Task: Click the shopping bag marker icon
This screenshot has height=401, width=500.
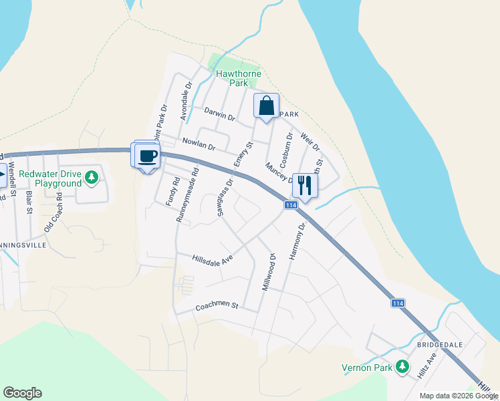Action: click(266, 106)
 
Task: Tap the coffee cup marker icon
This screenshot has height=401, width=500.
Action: click(147, 156)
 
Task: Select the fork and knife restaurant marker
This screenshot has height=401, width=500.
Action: click(305, 184)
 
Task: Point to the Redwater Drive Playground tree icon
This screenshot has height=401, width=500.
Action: click(92, 178)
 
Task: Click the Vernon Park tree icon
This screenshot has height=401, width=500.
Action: click(402, 366)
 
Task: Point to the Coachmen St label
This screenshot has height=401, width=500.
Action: click(217, 305)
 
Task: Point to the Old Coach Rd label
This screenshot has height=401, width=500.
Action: click(53, 213)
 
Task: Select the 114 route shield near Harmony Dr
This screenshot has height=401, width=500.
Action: click(290, 205)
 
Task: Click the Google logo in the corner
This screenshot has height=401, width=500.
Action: click(22, 393)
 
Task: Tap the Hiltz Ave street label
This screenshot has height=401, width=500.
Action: click(426, 366)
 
